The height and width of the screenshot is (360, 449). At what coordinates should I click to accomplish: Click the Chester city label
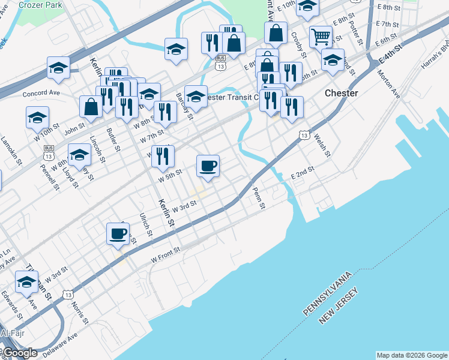[x=341, y=94]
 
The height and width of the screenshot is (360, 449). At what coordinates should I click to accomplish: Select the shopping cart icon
[x=321, y=37]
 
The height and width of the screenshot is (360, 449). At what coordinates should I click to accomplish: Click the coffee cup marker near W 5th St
[x=208, y=166]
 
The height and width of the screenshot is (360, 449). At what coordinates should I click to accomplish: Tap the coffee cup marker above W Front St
[x=118, y=234]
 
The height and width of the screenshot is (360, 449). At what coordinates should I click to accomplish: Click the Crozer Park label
[x=40, y=4]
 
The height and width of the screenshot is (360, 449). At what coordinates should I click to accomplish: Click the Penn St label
[x=259, y=197]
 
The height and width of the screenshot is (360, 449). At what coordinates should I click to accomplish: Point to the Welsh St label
[x=322, y=145]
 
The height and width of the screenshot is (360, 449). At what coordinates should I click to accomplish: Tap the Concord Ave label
[x=41, y=94]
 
